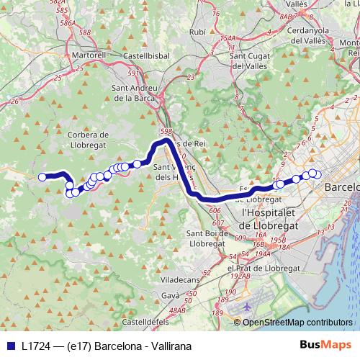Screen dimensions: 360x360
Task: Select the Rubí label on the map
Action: coord(197,32)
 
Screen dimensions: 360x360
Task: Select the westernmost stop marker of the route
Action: coord(42,177)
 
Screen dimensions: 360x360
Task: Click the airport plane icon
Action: coord(247,306)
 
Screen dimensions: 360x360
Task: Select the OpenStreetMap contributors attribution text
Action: coord(297,322)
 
